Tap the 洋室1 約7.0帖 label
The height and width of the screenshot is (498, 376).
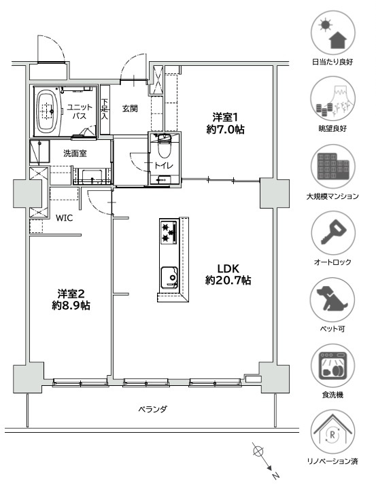(226, 123)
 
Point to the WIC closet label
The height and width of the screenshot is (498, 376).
(65, 219)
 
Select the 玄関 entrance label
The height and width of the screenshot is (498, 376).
(131, 108)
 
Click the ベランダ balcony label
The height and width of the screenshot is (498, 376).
(152, 409)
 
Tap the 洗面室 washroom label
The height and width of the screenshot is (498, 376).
(75, 154)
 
